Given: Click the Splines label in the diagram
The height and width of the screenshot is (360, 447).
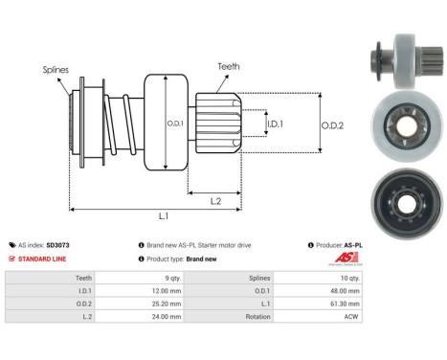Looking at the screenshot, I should [56, 70].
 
